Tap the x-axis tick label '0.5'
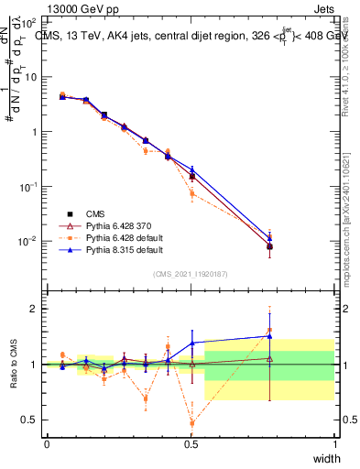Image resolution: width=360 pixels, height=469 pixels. [x=191, y=443]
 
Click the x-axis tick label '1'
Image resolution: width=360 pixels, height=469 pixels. [x=334, y=443]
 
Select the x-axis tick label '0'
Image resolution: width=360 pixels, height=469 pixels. [x=47, y=443]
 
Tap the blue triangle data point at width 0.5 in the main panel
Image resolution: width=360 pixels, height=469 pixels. [x=191, y=169]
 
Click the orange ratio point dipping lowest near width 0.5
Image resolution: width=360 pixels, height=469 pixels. [x=191, y=422]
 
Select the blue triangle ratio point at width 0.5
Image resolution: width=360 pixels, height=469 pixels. [x=191, y=343]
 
